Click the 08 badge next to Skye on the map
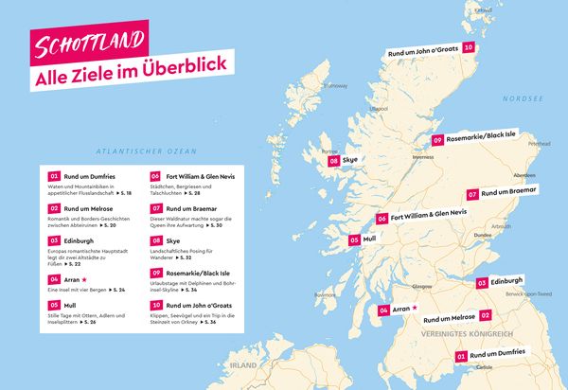click(334, 162)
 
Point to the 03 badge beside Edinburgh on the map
click(482, 282)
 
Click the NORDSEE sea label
click(523, 97)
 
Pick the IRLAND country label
click(244, 363)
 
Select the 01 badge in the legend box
click(55, 176)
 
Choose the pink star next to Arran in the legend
click(85, 279)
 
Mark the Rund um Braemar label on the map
click(508, 193)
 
